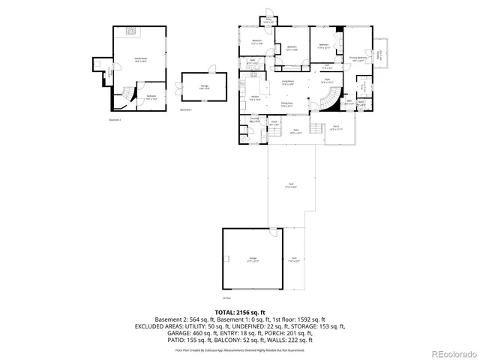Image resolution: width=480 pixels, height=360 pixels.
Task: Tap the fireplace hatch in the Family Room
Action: tap(130, 31)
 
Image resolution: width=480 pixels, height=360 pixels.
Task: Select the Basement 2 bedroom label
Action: tap(151, 97)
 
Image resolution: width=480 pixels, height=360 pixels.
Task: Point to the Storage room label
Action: tap(203, 86)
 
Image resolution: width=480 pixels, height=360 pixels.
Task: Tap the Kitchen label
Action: tap(255, 98)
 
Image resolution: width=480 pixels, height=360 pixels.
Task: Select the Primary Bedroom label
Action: tap(358, 58)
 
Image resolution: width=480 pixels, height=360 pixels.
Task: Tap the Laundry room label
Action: tap(254, 119)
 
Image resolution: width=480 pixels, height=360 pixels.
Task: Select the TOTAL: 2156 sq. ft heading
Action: tap(240, 311)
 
